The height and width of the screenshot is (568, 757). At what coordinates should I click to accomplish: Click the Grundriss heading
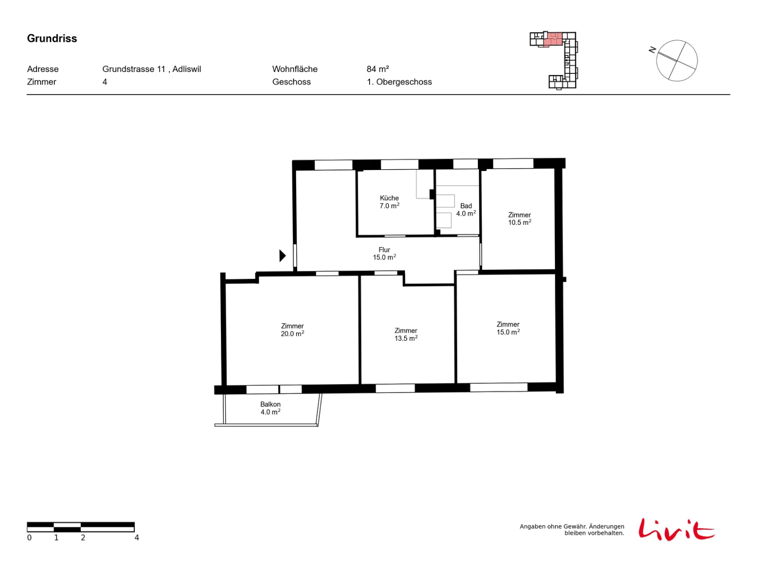[52, 38]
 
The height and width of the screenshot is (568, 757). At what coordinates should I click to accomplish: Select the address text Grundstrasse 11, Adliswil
[151, 69]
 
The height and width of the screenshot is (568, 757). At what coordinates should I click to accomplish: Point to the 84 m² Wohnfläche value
[378, 69]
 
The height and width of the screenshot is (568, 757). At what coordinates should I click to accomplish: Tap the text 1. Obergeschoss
[399, 82]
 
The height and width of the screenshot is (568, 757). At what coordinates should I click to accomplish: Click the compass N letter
[652, 50]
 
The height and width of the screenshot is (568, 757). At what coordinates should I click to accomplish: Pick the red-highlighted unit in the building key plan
[553, 39]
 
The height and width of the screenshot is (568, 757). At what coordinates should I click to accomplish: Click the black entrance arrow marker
[282, 256]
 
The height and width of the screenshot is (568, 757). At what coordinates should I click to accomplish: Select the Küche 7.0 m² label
[389, 202]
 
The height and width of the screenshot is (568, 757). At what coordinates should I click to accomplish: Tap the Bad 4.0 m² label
[466, 209]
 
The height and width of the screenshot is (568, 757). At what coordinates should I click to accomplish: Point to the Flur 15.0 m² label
[384, 254]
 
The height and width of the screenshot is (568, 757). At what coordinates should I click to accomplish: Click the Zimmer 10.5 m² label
[519, 219]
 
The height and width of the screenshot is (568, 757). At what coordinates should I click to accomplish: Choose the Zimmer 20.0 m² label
[292, 330]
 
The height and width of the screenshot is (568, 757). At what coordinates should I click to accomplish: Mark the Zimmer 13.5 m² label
[406, 335]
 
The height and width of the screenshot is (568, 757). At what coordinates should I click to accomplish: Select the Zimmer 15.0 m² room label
[508, 328]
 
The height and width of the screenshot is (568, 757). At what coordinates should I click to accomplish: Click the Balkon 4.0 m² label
[270, 408]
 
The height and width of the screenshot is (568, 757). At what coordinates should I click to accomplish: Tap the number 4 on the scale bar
[137, 538]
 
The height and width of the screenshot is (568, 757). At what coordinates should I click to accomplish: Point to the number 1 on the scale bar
[56, 538]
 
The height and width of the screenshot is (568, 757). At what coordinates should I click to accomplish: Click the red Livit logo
[676, 529]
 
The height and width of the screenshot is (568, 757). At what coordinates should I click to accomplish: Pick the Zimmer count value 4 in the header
[105, 82]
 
